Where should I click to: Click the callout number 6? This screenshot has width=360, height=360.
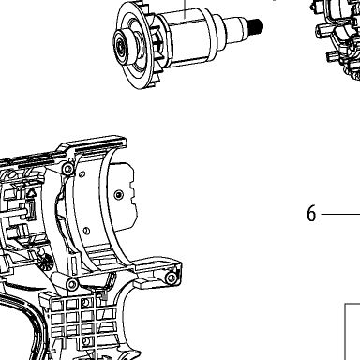[x=311, y=214]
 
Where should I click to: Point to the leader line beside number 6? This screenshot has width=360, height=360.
[x=340, y=214]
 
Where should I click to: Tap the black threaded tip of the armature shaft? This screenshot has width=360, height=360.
[x=257, y=26]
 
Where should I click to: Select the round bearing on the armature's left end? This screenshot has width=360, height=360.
[x=123, y=47]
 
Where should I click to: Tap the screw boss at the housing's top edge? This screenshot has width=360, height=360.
[x=67, y=169]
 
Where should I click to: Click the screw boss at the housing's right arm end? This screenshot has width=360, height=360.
[x=172, y=277]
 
